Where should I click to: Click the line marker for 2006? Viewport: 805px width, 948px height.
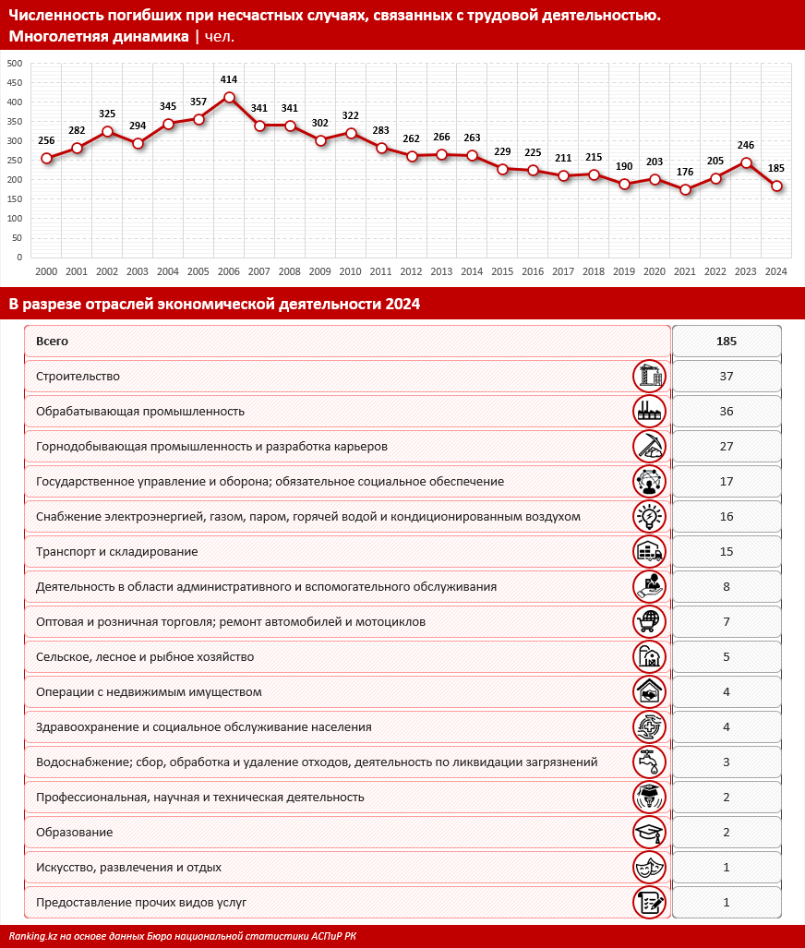pyautogui.click(x=229, y=97)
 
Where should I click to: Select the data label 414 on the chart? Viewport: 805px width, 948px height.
pyautogui.click(x=229, y=81)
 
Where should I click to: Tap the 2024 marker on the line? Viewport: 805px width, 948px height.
pyautogui.click(x=776, y=186)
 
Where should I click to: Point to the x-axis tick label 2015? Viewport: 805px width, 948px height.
pyautogui.click(x=502, y=271)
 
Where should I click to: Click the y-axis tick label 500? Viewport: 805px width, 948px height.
pyautogui.click(x=14, y=64)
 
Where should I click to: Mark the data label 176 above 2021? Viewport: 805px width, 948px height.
pyautogui.click(x=685, y=174)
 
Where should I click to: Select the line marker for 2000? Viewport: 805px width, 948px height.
pyautogui.click(x=46, y=158)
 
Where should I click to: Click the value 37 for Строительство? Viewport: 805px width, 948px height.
pyautogui.click(x=727, y=377)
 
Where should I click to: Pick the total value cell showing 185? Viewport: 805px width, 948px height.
pyautogui.click(x=727, y=342)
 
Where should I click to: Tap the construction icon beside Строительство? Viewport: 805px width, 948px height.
pyautogui.click(x=650, y=377)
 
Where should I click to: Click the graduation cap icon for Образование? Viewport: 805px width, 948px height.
pyautogui.click(x=650, y=833)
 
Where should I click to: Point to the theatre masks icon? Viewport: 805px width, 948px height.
pyautogui.click(x=650, y=868)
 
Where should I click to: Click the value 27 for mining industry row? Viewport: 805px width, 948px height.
pyautogui.click(x=727, y=447)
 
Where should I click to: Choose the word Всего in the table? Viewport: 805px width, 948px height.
pyautogui.click(x=52, y=342)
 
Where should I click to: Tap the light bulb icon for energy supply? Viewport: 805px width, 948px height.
pyautogui.click(x=650, y=517)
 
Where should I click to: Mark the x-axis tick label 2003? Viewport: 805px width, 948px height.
pyautogui.click(x=138, y=271)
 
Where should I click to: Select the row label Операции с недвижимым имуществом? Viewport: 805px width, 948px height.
pyautogui.click(x=149, y=692)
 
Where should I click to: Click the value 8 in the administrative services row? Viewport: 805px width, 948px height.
pyautogui.click(x=727, y=587)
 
